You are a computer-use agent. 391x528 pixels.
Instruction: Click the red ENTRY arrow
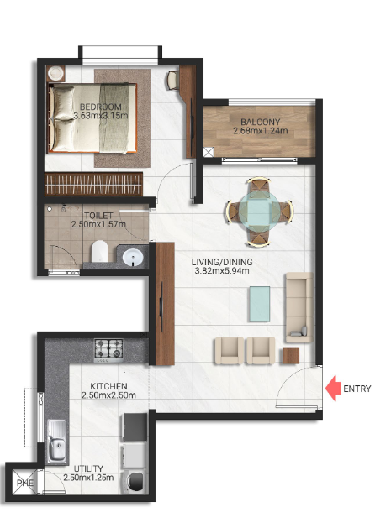point(333,389)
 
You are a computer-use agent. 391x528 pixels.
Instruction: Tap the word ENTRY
point(357,389)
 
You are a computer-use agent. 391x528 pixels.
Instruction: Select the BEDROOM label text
point(97,107)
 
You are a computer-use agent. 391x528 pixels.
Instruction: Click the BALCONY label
point(260,120)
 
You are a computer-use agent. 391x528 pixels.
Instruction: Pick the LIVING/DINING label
point(224,261)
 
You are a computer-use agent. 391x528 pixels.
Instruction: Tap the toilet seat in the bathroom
point(98,250)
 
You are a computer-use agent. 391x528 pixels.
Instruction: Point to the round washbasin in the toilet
point(133,255)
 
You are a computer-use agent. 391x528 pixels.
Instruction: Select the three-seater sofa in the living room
point(298,305)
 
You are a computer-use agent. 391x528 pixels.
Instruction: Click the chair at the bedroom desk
point(173,81)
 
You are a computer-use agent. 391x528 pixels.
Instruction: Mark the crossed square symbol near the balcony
point(209,152)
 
